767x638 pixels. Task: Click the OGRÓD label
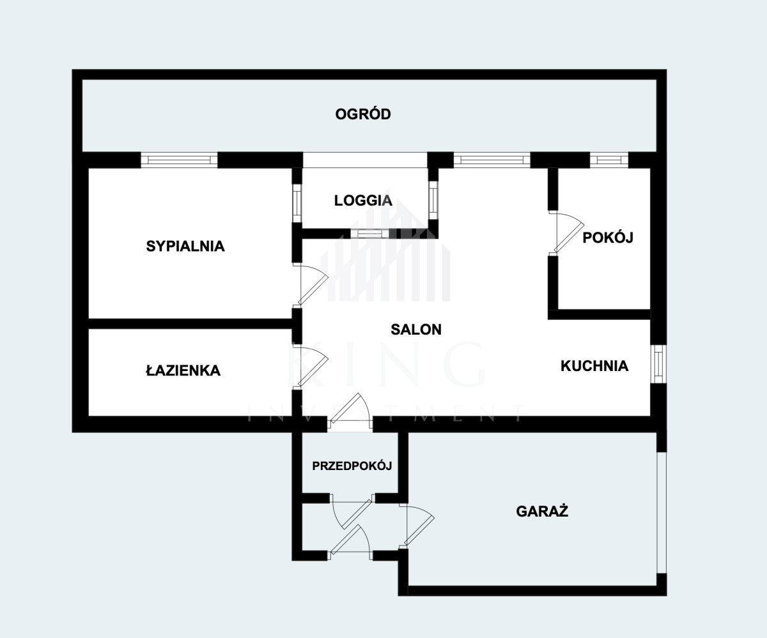coord(363,114)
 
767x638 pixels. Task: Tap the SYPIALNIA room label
coord(185,246)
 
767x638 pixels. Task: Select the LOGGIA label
coord(363,201)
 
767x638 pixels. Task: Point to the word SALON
coord(416,330)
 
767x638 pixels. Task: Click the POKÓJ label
coord(608,238)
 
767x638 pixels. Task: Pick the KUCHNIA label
coord(594,366)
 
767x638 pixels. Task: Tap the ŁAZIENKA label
coord(183,370)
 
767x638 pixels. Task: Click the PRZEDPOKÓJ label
coord(352,466)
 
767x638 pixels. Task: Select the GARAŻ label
coord(542,511)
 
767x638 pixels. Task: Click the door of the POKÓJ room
coord(566,232)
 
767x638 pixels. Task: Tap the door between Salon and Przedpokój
coord(350,411)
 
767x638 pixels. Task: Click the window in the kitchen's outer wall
coord(658,364)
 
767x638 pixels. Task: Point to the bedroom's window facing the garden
coord(179,160)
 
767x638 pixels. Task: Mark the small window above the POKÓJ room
coord(609,160)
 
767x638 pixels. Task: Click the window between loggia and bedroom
coord(297,202)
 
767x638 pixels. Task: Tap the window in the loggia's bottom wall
coord(369,234)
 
